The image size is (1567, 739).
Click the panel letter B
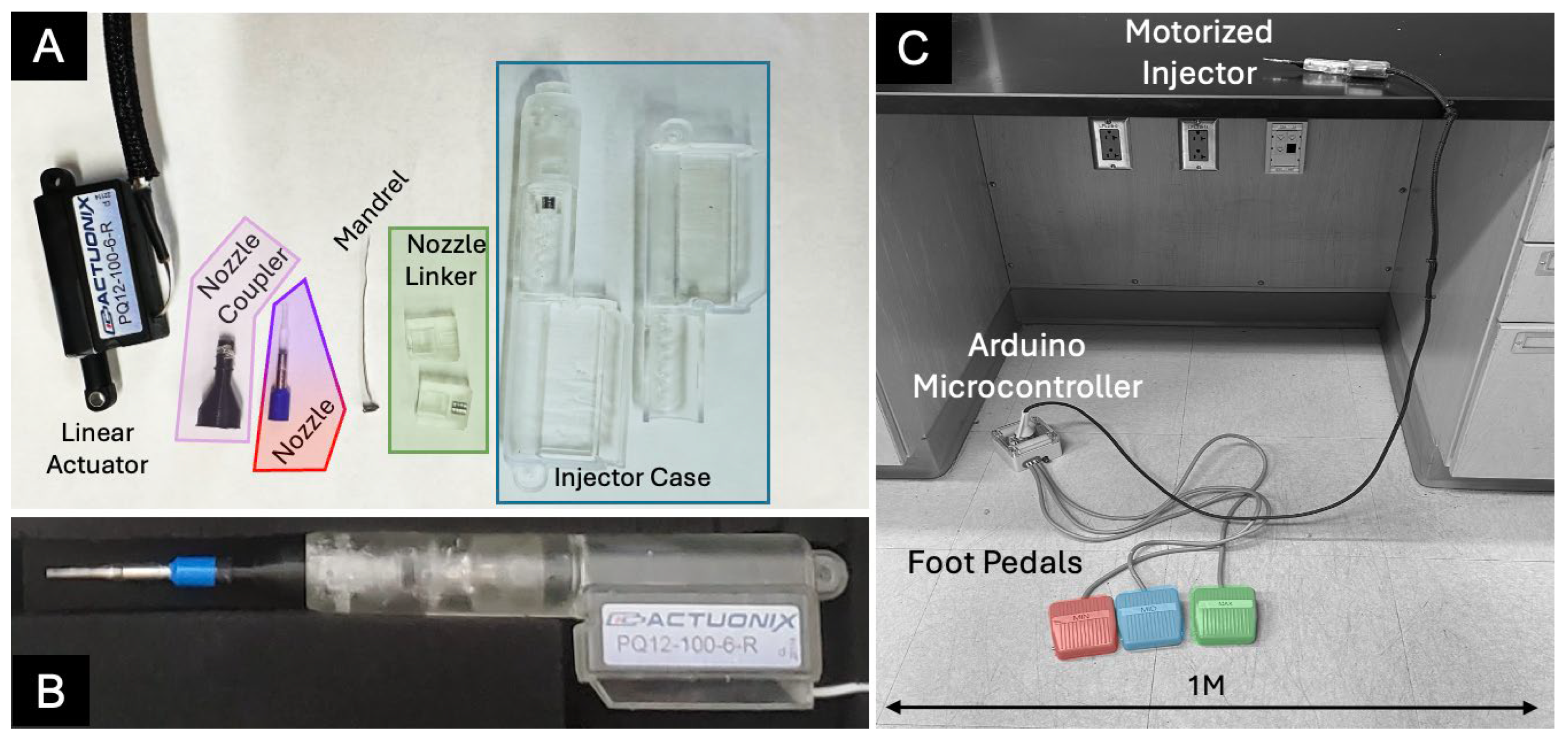click(x=50, y=691)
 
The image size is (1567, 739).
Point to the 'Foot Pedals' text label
click(x=995, y=563)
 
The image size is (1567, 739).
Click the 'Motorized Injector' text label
click(x=1198, y=53)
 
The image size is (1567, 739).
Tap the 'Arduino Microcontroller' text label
click(x=1027, y=366)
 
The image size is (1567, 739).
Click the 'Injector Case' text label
click(x=632, y=477)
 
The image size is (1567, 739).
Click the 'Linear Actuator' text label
click(x=97, y=449)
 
